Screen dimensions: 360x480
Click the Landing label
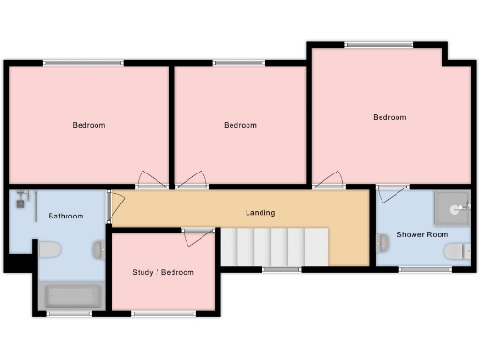(261, 213)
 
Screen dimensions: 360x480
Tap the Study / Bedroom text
(163, 273)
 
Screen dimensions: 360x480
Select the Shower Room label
(422, 234)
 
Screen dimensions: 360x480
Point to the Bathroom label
(66, 217)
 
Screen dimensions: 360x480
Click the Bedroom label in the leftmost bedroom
(89, 125)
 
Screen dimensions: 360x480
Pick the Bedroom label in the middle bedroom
(240, 125)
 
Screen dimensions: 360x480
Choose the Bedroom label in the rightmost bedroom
(390, 117)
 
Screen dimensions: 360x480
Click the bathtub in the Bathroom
(73, 296)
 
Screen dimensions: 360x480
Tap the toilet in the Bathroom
(51, 249)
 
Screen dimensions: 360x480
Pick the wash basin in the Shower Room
(382, 244)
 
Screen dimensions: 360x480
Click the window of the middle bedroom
(238, 63)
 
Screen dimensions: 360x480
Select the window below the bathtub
(64, 314)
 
